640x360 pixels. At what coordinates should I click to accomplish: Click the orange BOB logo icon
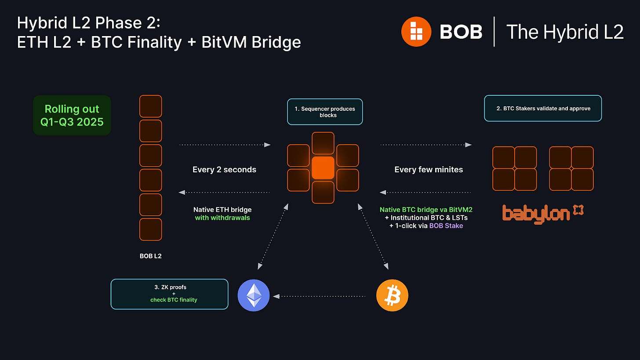tap(416, 31)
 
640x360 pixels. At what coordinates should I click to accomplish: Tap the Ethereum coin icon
tap(253, 295)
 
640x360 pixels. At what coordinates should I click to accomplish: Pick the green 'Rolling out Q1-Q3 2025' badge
tap(72, 115)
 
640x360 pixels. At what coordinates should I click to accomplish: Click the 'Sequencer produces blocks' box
tap(325, 112)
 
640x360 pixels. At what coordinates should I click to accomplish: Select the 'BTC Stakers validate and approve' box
tap(542, 108)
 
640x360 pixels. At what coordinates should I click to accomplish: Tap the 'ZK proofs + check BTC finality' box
tap(170, 294)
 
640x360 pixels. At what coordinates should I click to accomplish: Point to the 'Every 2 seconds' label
tap(224, 170)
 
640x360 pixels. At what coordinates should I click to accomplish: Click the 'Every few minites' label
tap(429, 170)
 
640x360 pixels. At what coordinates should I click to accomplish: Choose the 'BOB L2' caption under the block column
tap(150, 255)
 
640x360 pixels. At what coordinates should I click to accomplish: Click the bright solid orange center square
tap(323, 168)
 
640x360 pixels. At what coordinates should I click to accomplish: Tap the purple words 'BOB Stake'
tap(446, 225)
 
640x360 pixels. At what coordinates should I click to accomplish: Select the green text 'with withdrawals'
tap(222, 218)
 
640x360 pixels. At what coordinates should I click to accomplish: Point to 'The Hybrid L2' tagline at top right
tap(565, 32)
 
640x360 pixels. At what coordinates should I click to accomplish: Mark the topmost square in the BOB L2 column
tap(150, 106)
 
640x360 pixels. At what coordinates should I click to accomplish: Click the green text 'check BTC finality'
tap(171, 300)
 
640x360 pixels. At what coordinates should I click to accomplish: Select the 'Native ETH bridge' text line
tap(222, 210)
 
